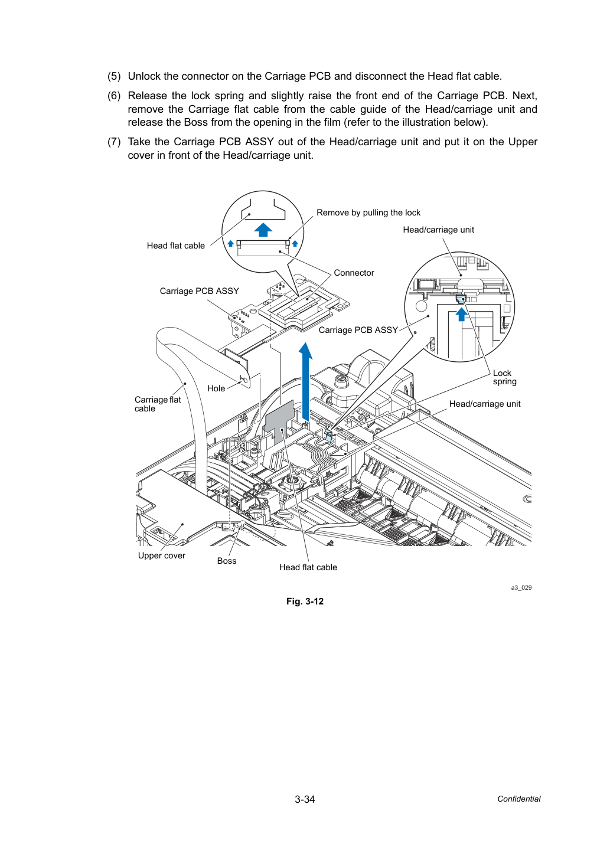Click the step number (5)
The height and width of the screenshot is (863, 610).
(x=114, y=76)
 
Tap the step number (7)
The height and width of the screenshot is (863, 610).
(x=114, y=142)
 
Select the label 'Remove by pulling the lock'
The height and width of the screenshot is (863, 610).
(x=368, y=213)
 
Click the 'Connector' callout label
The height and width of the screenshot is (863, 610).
(x=354, y=273)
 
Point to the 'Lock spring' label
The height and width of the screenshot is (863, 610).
(x=504, y=377)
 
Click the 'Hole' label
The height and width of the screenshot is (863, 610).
(x=216, y=388)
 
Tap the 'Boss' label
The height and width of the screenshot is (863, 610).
(x=227, y=561)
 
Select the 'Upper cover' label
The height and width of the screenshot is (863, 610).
(x=161, y=555)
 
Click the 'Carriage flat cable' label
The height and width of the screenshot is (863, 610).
(x=158, y=404)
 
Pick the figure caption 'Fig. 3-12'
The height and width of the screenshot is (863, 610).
(x=305, y=602)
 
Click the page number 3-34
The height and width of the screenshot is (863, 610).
(x=305, y=799)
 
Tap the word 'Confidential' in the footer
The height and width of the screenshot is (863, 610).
(x=518, y=799)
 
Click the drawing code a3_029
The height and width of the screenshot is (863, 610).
(x=521, y=587)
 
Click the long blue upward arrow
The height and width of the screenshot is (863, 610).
(x=306, y=381)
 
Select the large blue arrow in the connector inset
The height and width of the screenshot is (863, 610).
(x=263, y=230)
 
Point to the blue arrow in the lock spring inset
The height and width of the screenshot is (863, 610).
(x=461, y=314)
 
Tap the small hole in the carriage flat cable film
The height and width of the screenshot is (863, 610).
(x=243, y=381)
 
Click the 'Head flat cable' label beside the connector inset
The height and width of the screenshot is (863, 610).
(x=176, y=246)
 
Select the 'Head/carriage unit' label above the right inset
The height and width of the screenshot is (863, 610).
(x=439, y=230)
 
